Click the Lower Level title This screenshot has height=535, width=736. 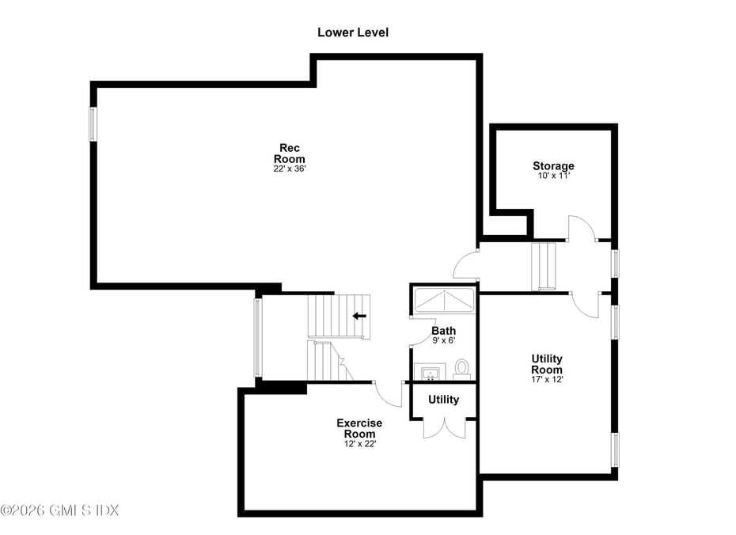(353, 32)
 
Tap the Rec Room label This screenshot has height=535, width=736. (290, 154)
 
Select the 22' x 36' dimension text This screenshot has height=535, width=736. (290, 169)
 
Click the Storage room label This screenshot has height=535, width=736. (553, 166)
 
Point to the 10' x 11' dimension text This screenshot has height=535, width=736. (553, 176)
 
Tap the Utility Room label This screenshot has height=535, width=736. (547, 364)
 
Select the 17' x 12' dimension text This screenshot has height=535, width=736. (547, 379)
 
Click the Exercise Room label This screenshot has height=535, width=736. (359, 428)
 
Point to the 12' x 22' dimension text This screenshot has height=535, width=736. (359, 443)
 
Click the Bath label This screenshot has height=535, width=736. (443, 331)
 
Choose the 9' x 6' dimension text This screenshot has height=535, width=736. (443, 340)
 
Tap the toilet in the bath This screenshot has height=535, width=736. (461, 367)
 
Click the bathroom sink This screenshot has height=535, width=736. (431, 372)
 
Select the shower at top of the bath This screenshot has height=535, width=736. (443, 302)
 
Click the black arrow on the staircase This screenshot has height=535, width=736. (359, 316)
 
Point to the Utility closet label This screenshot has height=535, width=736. (443, 400)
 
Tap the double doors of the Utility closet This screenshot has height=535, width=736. (443, 427)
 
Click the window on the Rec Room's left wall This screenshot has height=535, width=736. (93, 124)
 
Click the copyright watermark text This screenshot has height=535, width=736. (59, 510)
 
